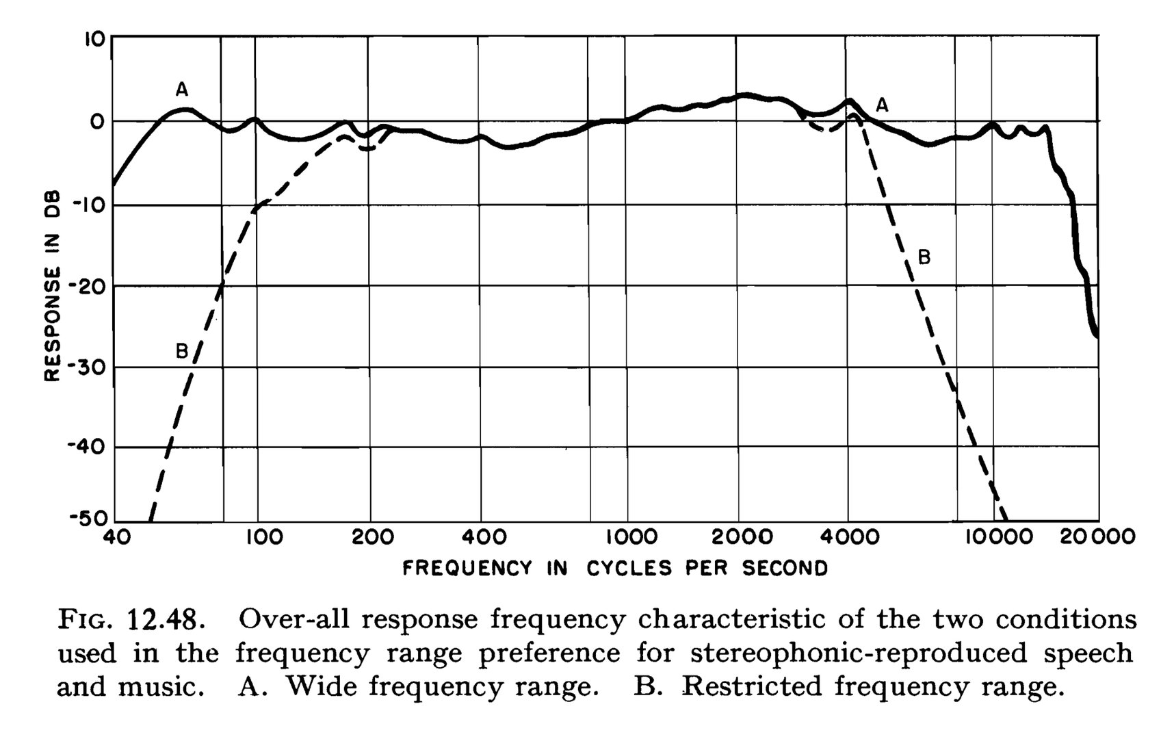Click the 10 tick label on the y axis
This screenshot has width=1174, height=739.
(x=94, y=38)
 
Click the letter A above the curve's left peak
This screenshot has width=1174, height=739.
(x=181, y=89)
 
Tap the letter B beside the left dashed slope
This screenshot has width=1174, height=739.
(x=181, y=351)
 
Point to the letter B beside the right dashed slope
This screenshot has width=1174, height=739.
(x=924, y=257)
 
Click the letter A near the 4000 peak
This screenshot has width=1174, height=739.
(x=882, y=105)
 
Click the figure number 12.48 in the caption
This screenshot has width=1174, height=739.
(x=166, y=620)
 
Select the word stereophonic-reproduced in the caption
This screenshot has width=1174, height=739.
(x=859, y=653)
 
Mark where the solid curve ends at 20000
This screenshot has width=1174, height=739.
(x=1097, y=335)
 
